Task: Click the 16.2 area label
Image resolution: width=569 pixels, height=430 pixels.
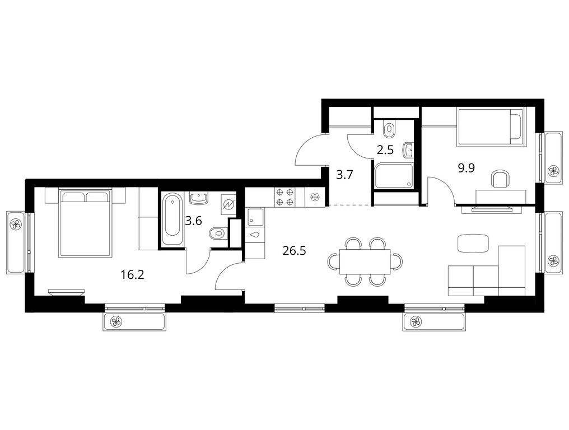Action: pos(133,275)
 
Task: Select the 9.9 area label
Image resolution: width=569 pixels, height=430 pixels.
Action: pos(467,168)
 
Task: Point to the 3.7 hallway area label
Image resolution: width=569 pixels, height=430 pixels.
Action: pos(344,175)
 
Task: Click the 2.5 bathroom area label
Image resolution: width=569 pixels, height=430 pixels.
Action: pos(385,149)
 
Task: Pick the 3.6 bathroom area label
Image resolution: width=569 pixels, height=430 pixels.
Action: pos(193,221)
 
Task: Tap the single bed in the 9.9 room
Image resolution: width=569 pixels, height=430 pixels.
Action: pos(490,127)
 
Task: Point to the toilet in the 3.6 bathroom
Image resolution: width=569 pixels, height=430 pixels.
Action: pos(218,233)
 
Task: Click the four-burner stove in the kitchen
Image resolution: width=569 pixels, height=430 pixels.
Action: pos(284,198)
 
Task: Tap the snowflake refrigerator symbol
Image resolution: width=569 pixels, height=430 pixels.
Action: pos(314,198)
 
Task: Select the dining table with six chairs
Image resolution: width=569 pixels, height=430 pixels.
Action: pos(365,261)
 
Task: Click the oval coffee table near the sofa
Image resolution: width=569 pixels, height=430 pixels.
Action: pos(473,243)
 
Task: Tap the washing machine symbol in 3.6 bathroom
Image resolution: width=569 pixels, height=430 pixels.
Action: pos(228,205)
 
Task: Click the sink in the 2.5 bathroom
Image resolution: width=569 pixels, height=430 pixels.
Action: pos(408,150)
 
